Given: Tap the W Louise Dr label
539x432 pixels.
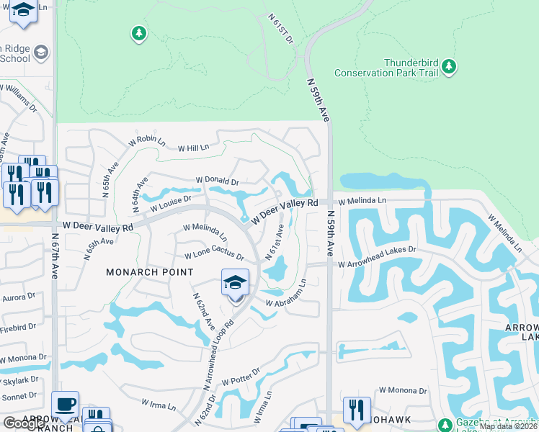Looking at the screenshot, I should [170, 204].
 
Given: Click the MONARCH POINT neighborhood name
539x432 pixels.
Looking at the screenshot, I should [150, 272].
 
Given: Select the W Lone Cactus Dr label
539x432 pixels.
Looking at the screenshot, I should [214, 256].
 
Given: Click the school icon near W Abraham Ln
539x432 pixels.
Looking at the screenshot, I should [235, 284].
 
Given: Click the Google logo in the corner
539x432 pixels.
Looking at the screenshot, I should [24, 423].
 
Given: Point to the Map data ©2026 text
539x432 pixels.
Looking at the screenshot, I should [508, 426].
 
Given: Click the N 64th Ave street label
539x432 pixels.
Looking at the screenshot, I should [140, 194].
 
